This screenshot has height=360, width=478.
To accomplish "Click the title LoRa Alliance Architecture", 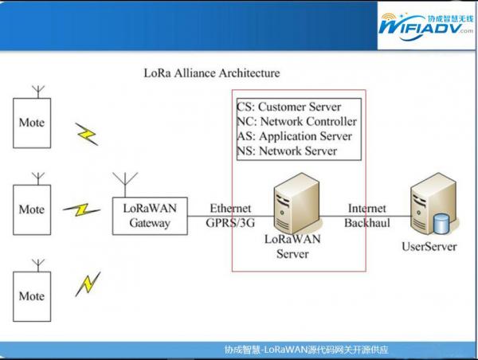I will click(211, 72).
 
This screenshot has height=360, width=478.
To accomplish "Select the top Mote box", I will click(32, 123).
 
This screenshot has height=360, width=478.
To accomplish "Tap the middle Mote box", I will click(32, 209).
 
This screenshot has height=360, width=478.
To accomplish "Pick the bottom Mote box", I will click(32, 295).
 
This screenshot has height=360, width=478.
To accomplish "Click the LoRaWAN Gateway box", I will click(150, 215).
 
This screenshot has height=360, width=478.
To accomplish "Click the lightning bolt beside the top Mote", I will click(87, 133).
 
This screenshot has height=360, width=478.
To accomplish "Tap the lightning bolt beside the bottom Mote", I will click(88, 283).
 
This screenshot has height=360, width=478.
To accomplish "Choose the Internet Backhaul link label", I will click(367, 215).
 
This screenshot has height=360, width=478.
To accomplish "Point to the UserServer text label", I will click(429, 247).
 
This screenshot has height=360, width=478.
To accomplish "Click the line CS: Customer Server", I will click(289, 107).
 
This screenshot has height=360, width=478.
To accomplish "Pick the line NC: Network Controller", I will click(296, 121).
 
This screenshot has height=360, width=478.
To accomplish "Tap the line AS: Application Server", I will click(295, 136).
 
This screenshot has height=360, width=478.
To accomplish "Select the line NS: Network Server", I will click(287, 151).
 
